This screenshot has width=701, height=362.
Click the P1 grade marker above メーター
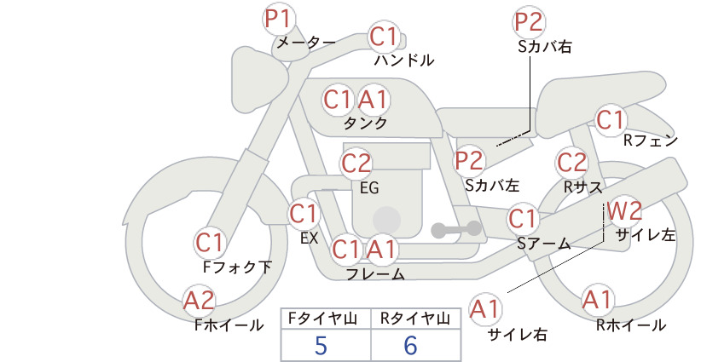point(279,20)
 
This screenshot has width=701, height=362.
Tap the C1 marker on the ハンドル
point(384,37)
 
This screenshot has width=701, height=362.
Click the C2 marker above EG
point(356,164)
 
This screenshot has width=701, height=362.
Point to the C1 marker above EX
point(304,213)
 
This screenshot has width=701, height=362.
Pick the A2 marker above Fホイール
point(200,300)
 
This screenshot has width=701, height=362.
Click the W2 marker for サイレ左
point(624,210)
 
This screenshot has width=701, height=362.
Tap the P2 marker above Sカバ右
point(529,22)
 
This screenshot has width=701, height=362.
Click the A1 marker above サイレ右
point(485,309)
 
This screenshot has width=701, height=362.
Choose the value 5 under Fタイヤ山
point(321,345)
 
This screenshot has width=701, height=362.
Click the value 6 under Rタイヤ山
point(410,345)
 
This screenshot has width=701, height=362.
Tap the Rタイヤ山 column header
point(415,319)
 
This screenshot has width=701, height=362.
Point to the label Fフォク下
point(237,267)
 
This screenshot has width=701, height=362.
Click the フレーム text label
point(375,274)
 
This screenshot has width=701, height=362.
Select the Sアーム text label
point(544,244)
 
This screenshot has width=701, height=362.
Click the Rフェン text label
point(651,141)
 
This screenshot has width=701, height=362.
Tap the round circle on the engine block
point(386,220)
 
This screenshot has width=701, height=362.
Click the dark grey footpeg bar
point(456,229)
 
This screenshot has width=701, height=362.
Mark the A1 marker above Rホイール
point(597,300)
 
